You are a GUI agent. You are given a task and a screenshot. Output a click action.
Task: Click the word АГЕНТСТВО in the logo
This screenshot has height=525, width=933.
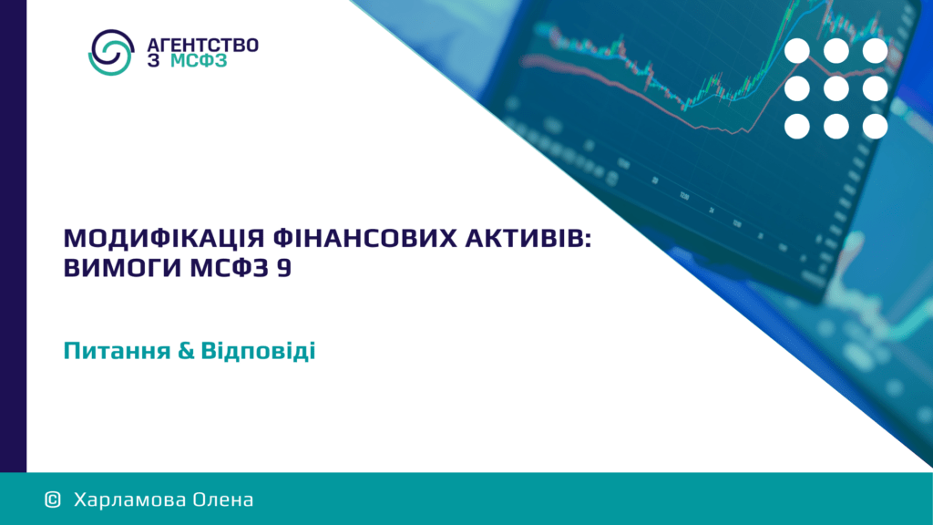(203, 46)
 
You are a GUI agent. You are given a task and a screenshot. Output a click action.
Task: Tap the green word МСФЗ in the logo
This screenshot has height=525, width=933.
(199, 61)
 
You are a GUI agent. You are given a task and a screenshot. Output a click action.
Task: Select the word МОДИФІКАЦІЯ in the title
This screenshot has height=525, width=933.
(164, 238)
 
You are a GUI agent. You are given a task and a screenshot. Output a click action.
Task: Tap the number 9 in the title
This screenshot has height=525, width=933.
(284, 268)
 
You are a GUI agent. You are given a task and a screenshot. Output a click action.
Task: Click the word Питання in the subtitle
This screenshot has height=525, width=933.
(118, 351)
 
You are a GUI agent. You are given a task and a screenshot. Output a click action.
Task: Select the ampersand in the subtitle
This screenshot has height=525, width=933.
(186, 351)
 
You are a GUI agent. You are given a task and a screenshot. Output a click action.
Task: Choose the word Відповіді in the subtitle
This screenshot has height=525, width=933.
(258, 351)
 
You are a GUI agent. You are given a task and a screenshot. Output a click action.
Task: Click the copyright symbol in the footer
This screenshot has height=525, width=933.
(53, 499)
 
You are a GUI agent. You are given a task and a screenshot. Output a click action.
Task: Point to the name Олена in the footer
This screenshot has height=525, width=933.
(215, 499)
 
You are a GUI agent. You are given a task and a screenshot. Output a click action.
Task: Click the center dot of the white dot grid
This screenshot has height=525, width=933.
(836, 88)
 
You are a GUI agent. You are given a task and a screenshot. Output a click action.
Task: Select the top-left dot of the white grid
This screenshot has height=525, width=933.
(797, 51)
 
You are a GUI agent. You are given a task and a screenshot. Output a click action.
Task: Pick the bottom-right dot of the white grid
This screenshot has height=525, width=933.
(876, 127)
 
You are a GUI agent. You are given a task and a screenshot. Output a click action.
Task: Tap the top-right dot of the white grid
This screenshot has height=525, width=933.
(876, 51)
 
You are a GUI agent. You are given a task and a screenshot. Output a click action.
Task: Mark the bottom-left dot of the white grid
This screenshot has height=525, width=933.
(797, 127)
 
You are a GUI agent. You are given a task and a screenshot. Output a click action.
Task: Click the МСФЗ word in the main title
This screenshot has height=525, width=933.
(230, 267)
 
